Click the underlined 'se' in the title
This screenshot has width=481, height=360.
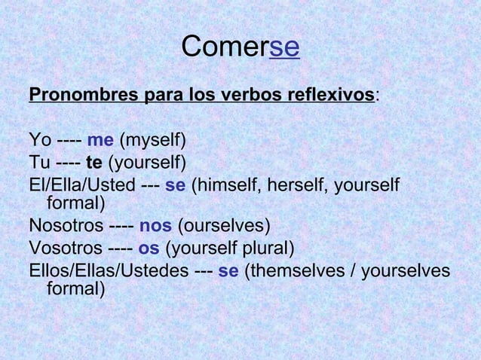(284, 47)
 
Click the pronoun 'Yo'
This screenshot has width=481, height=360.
(39, 140)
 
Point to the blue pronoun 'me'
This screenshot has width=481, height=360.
(100, 140)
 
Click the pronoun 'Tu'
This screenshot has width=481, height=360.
(38, 162)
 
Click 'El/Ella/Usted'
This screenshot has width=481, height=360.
(82, 185)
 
